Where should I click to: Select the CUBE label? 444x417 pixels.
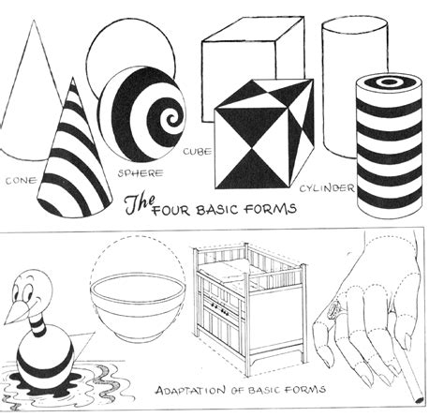[x=198, y=149]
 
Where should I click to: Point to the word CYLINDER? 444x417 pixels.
[x=327, y=188]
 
